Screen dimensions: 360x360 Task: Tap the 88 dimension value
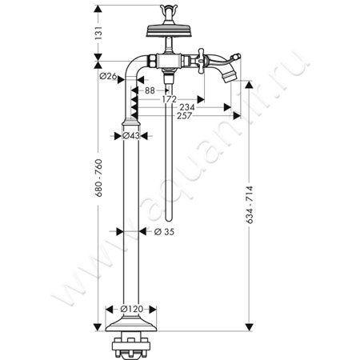(150, 90)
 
